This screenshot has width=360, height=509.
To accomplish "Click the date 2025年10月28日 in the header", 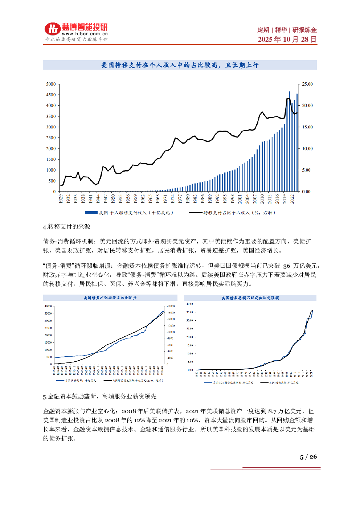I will pos(287,39).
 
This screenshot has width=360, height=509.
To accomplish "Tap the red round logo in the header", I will pos(53,29).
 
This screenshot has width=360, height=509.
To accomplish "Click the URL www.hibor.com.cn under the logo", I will pos(85,34).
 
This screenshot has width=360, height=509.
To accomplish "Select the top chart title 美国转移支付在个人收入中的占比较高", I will pos(180,65).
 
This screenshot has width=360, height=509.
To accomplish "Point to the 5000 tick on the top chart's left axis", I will pos(51,84).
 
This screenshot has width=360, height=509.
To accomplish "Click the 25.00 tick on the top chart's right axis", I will pos(307,84).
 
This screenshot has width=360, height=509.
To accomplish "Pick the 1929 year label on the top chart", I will pos(61,199).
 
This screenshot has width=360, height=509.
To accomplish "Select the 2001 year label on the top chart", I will pos(240,199).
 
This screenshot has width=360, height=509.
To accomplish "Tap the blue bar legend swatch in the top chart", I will pos(91,213).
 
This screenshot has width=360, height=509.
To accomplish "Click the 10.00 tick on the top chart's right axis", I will pos(307,149).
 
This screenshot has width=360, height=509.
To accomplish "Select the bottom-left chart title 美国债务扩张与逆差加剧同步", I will pos(110,298).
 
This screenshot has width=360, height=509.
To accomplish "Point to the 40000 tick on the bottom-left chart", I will pos(48,306).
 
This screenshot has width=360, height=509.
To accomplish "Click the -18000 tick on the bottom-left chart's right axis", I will pos(171,306).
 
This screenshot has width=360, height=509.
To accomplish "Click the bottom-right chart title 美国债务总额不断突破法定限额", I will pos(250,298).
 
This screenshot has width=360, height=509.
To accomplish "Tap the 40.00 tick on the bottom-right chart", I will pos(189,304).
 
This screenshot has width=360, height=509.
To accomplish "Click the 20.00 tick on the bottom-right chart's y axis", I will pos(189,337).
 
